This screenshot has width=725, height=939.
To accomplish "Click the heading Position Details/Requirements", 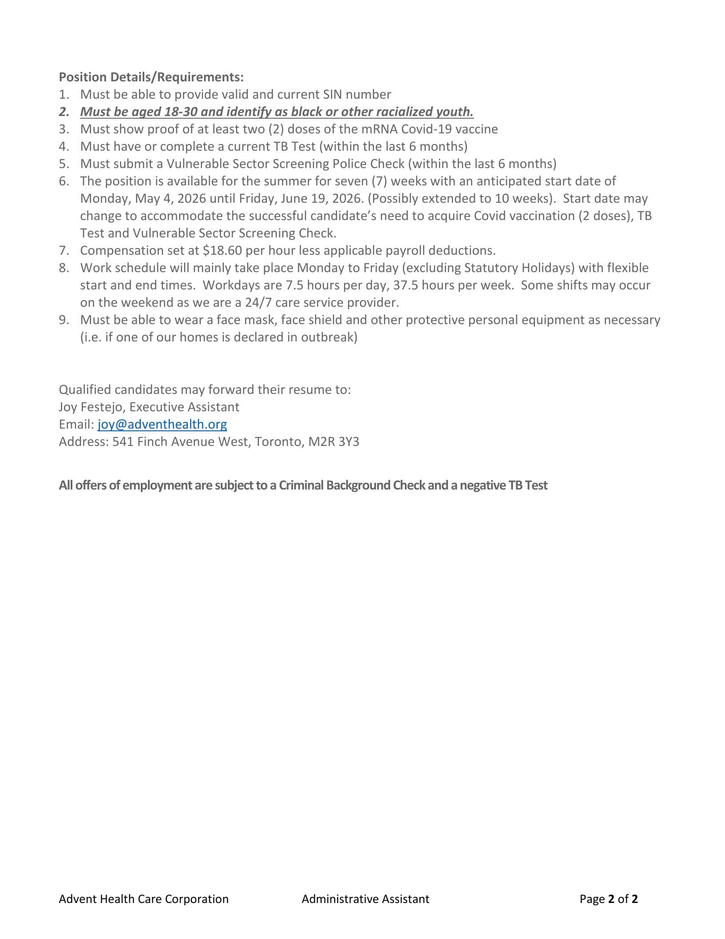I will coord(151,77).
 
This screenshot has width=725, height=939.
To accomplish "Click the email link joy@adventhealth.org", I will coord(162,425).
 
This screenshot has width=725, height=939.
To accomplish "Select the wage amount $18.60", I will coord(222,251).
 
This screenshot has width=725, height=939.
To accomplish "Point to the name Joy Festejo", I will coord(91,407).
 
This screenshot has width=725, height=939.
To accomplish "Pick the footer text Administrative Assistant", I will coord(365,899).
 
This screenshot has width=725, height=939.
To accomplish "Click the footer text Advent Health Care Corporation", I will coord(143,899).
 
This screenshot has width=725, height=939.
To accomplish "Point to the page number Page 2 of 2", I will coord(609,899).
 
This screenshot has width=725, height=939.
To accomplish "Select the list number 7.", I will coord(64,251).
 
